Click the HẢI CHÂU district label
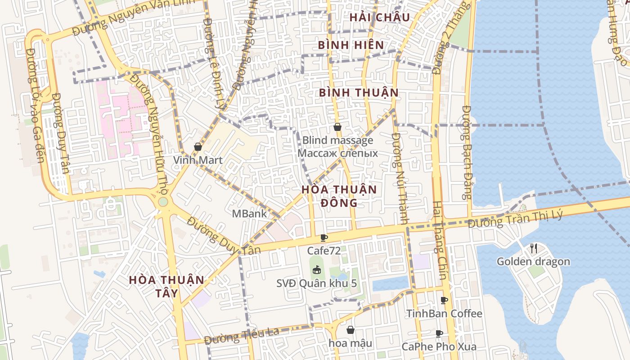379,18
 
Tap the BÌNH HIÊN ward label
351,45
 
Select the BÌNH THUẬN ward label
359,93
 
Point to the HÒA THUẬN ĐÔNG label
339,196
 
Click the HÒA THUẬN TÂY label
166,286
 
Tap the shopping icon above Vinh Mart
198,147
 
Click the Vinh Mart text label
198,160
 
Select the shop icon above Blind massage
337,127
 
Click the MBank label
249,214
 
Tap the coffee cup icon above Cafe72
324,238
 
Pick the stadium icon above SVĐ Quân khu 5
317,270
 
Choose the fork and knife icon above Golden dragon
533,248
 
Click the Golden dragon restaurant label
533,261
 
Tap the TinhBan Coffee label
444,313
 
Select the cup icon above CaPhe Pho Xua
439,333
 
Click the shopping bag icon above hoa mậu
350,330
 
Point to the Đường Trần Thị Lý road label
515,220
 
